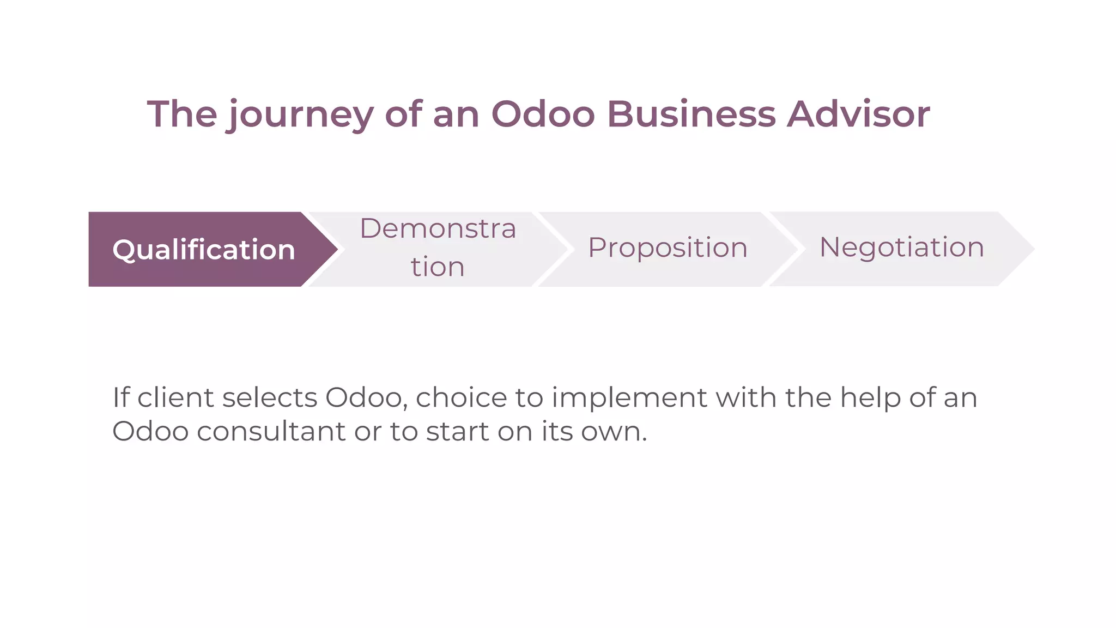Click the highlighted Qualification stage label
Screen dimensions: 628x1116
click(x=203, y=250)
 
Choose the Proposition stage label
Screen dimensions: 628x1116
click(x=668, y=247)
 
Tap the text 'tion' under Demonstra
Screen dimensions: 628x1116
click(x=438, y=267)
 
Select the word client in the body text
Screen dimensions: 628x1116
click(x=175, y=397)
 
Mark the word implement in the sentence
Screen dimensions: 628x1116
click(x=629, y=397)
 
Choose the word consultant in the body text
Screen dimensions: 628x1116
click(x=271, y=431)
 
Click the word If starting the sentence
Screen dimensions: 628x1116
click(x=121, y=397)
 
